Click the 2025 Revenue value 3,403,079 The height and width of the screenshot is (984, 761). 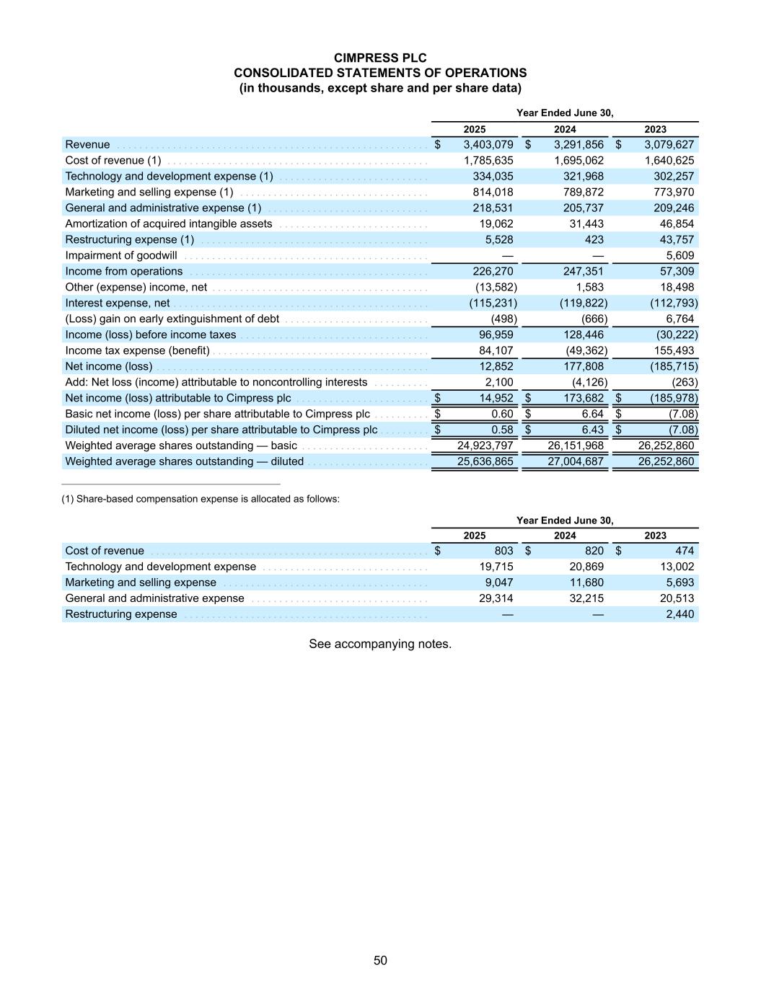(x=488, y=145)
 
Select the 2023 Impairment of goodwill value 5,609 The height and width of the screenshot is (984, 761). (x=679, y=256)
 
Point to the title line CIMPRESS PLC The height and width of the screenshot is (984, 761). (x=380, y=58)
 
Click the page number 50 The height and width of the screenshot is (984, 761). (x=380, y=960)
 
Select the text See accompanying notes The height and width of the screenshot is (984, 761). (x=380, y=644)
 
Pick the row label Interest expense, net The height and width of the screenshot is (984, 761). (x=118, y=303)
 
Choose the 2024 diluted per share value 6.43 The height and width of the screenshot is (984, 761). (x=592, y=430)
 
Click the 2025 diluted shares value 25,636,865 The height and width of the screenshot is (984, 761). (x=485, y=462)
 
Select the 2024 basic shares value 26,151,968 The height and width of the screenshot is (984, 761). (x=576, y=446)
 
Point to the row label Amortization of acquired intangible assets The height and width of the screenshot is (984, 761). (x=169, y=224)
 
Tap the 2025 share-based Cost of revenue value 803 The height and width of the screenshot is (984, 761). (x=503, y=551)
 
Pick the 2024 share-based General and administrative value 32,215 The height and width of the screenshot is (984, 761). (x=586, y=599)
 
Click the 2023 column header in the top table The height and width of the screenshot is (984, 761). (x=655, y=130)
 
